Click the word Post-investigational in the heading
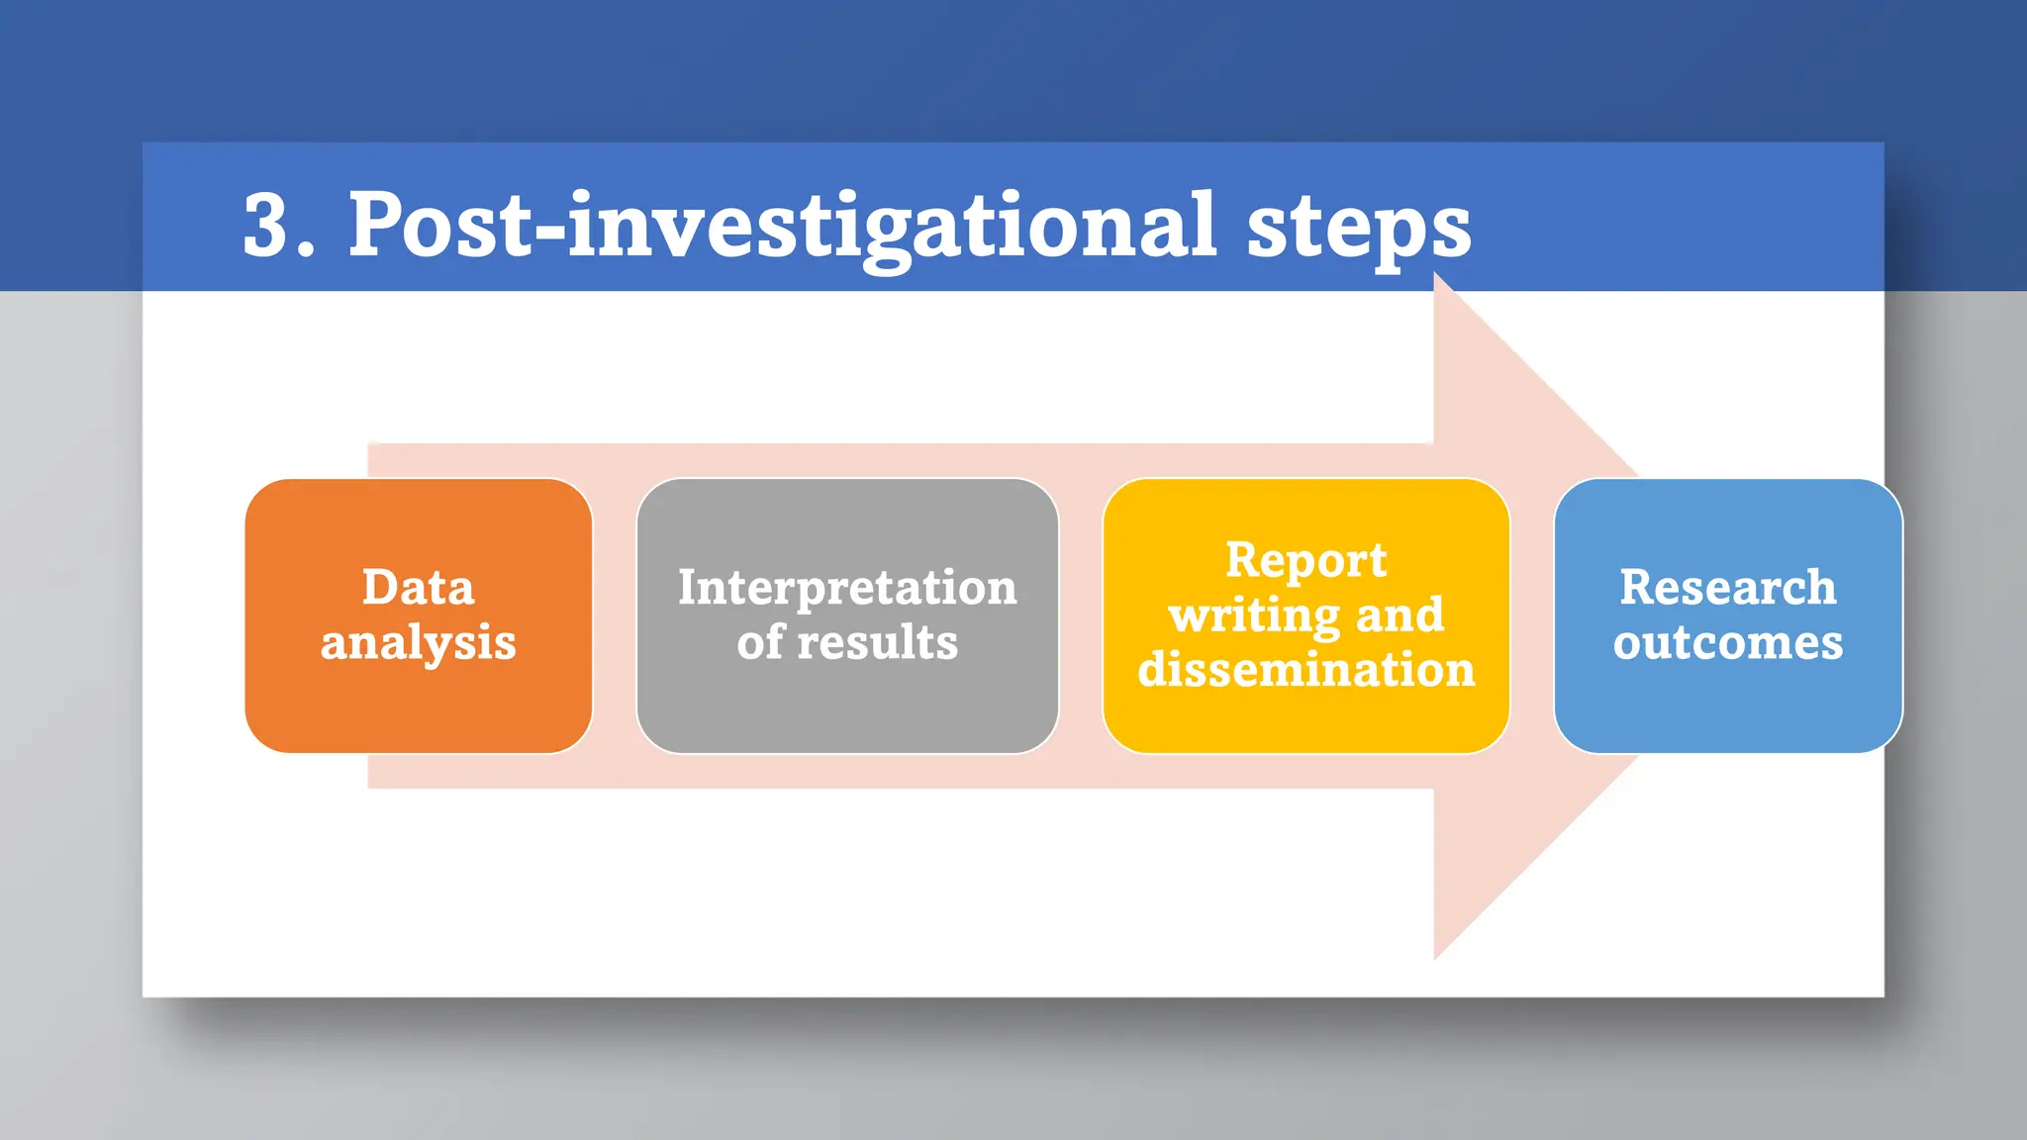point(782,226)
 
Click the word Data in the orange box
point(418,587)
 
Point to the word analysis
point(418,643)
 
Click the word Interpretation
point(847,588)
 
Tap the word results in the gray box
point(877,642)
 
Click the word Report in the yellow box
point(1305,560)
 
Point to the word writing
point(1253,616)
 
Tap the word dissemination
point(1305,670)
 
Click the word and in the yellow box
point(1400,616)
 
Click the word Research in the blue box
point(1727,587)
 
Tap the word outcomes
point(1727,642)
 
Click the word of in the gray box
point(760,642)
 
